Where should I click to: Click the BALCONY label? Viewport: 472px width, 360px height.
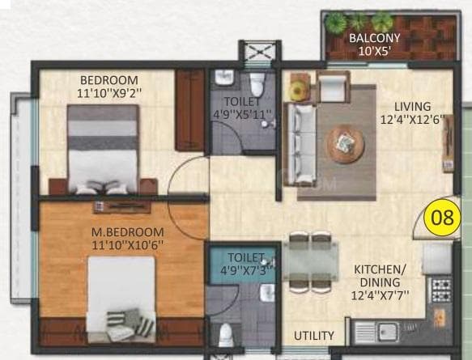375,38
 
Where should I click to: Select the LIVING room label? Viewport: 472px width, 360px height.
412,107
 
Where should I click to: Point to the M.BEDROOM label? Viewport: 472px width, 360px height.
123,231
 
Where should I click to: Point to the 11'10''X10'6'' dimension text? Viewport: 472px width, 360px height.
123,244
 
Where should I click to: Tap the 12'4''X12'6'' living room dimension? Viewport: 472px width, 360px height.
412,121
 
